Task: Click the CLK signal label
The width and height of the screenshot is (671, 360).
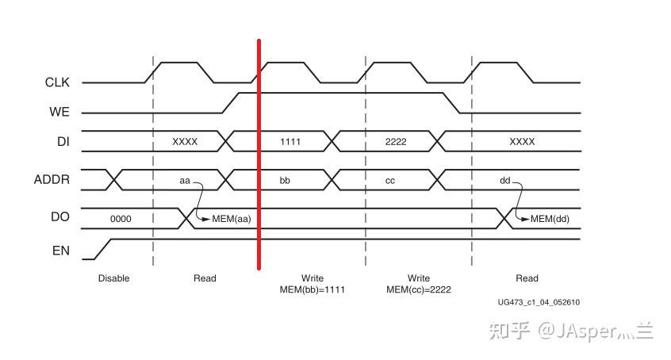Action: (57, 82)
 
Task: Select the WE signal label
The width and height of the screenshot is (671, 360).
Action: (59, 112)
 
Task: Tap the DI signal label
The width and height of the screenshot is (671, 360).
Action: (63, 141)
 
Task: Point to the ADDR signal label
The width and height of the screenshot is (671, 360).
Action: (52, 179)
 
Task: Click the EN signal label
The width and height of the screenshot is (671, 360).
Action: (61, 251)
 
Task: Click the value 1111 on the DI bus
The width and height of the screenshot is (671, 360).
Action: (291, 141)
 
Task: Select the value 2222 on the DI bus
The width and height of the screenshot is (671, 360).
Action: (396, 141)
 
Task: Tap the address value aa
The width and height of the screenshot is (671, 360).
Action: (185, 180)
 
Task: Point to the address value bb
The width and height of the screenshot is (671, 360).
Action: (285, 180)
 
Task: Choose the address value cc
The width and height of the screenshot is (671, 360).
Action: (390, 180)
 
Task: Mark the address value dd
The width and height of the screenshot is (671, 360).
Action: (504, 180)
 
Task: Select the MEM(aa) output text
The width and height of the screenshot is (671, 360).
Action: (231, 219)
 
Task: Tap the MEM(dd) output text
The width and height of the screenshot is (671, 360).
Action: (550, 219)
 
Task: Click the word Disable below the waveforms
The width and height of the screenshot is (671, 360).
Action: (113, 278)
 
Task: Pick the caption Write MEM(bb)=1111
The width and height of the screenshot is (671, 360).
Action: (312, 284)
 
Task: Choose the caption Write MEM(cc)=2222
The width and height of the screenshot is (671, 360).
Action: (419, 284)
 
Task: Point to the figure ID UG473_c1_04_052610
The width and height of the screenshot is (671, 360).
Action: (539, 302)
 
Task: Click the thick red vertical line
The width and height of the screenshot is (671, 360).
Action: (259, 159)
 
